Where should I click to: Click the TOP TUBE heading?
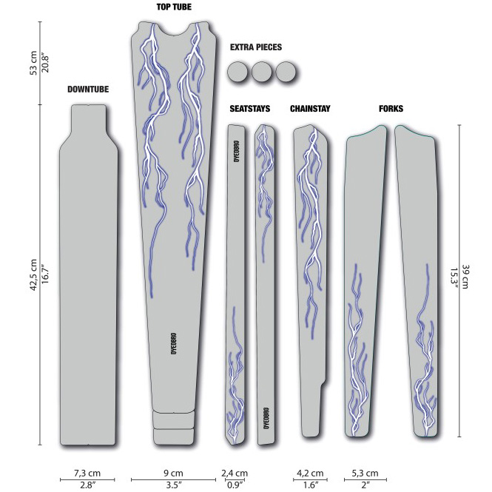pos(174,7)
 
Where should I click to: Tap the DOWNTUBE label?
pos(88,90)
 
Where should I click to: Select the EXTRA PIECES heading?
pos(256,47)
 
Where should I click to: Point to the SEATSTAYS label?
pos(250,109)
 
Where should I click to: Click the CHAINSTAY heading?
pos(310,109)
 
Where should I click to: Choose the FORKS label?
pos(391,109)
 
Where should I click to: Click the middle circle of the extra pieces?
pos(262,72)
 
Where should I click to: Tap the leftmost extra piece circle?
pos(237,72)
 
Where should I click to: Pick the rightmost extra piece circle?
pos(286,72)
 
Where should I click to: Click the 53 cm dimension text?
pos(33,63)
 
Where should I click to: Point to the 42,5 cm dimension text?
pos(33,275)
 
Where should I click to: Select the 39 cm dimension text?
pos(465,277)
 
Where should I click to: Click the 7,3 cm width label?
pos(87,473)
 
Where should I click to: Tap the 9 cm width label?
pos(174,473)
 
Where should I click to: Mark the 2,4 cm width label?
pos(235,473)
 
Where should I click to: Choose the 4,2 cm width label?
pos(310,473)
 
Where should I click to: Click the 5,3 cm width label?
pos(365,473)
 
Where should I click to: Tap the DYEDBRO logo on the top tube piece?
pos(174,343)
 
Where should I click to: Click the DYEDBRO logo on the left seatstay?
pos(237,151)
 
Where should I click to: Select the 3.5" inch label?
pos(172,485)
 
